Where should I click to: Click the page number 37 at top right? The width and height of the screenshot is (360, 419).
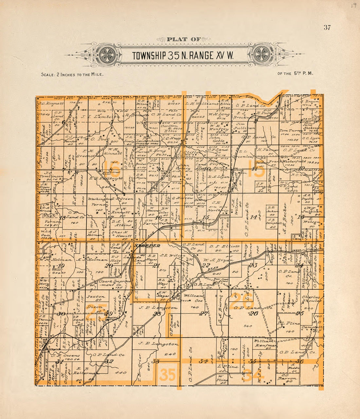[x=327, y=28]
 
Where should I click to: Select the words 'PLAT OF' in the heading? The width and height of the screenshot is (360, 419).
[x=184, y=39]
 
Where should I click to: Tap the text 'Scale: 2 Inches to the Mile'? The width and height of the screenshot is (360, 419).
[x=72, y=74]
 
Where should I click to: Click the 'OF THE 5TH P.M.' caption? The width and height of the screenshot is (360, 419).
[x=295, y=73]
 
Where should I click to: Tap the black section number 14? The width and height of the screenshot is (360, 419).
[x=254, y=217]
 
